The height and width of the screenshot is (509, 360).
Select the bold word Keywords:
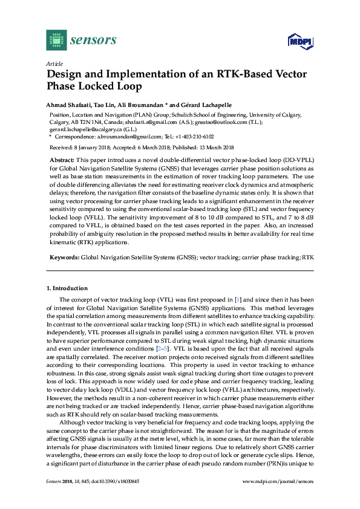click(64, 258)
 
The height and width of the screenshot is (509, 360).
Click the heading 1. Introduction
click(68, 288)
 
